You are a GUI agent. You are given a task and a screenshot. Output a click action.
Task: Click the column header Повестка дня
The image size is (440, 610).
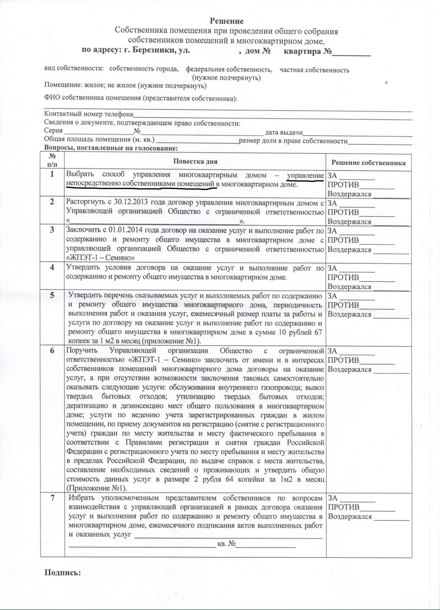click(x=195, y=161)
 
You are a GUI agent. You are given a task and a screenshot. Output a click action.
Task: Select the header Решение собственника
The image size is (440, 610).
click(x=368, y=163)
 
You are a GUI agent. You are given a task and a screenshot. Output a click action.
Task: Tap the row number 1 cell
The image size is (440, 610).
click(x=52, y=174)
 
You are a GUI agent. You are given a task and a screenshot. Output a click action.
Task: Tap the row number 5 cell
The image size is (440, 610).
click(x=52, y=295)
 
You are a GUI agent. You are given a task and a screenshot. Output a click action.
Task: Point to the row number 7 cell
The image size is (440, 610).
click(x=52, y=498)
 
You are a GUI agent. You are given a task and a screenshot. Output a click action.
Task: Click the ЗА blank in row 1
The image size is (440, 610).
click(x=357, y=177)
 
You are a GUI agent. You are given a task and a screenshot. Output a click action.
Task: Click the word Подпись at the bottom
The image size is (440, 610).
click(x=63, y=572)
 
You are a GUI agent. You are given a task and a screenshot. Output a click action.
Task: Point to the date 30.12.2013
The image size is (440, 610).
click(x=132, y=202)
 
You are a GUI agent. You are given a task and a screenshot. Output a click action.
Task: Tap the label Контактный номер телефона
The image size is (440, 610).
click(x=89, y=114)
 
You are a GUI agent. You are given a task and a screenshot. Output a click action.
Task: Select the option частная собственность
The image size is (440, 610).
click(x=314, y=70)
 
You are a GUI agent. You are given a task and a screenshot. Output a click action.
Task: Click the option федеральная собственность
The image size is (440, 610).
click(x=229, y=70)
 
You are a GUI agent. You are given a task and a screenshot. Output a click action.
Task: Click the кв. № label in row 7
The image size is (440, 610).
click(x=226, y=544)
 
